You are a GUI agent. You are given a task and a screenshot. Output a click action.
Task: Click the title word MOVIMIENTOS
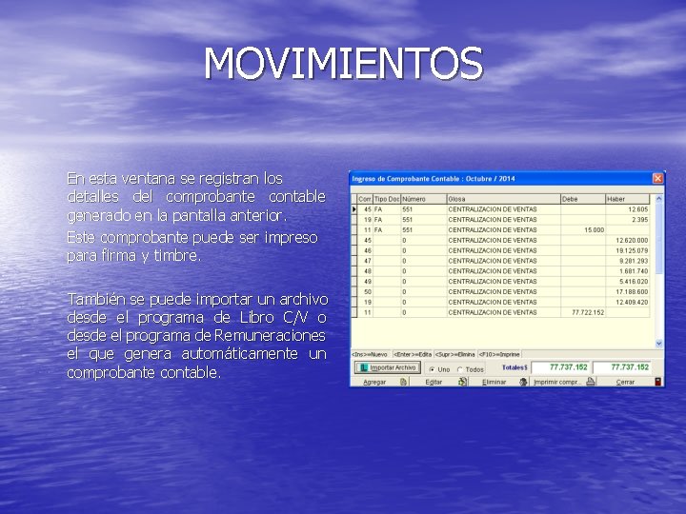343,65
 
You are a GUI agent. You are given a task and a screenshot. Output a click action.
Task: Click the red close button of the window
657,178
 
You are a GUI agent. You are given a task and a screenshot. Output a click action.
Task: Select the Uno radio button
433,369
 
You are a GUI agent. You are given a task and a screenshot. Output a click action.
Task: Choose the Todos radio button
461,369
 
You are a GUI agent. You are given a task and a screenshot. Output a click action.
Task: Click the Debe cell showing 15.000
594,229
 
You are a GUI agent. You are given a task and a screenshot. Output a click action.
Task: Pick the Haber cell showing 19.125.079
632,250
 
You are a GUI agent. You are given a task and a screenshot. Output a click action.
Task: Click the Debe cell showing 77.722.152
588,312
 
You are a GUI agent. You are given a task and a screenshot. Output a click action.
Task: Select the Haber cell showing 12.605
637,209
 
